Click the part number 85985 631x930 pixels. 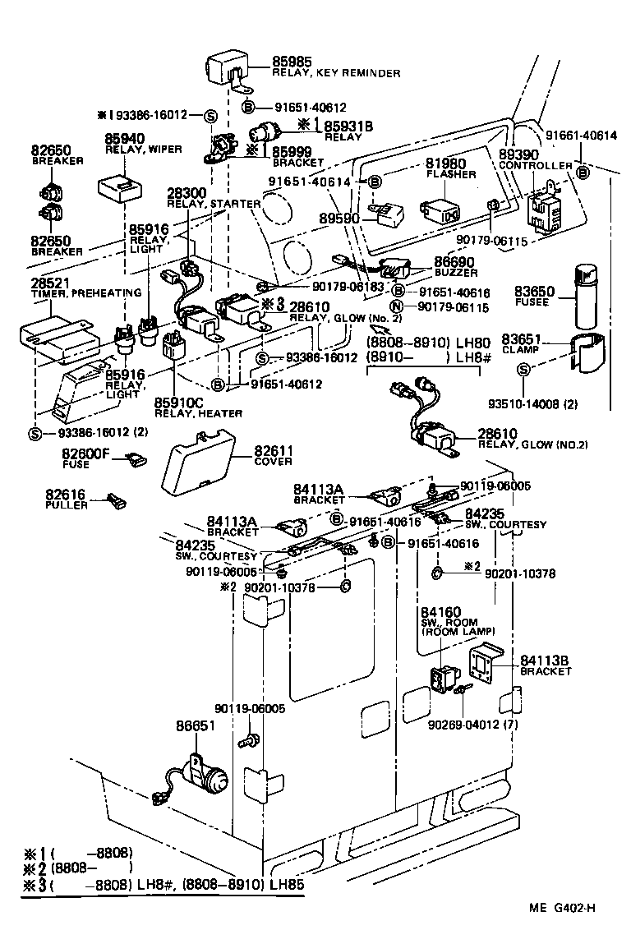click(293, 62)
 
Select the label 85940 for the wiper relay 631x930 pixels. click(125, 140)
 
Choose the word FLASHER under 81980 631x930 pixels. click(445, 175)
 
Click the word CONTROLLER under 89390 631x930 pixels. click(536, 166)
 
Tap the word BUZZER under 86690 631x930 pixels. click(454, 270)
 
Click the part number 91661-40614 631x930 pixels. click(581, 136)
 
